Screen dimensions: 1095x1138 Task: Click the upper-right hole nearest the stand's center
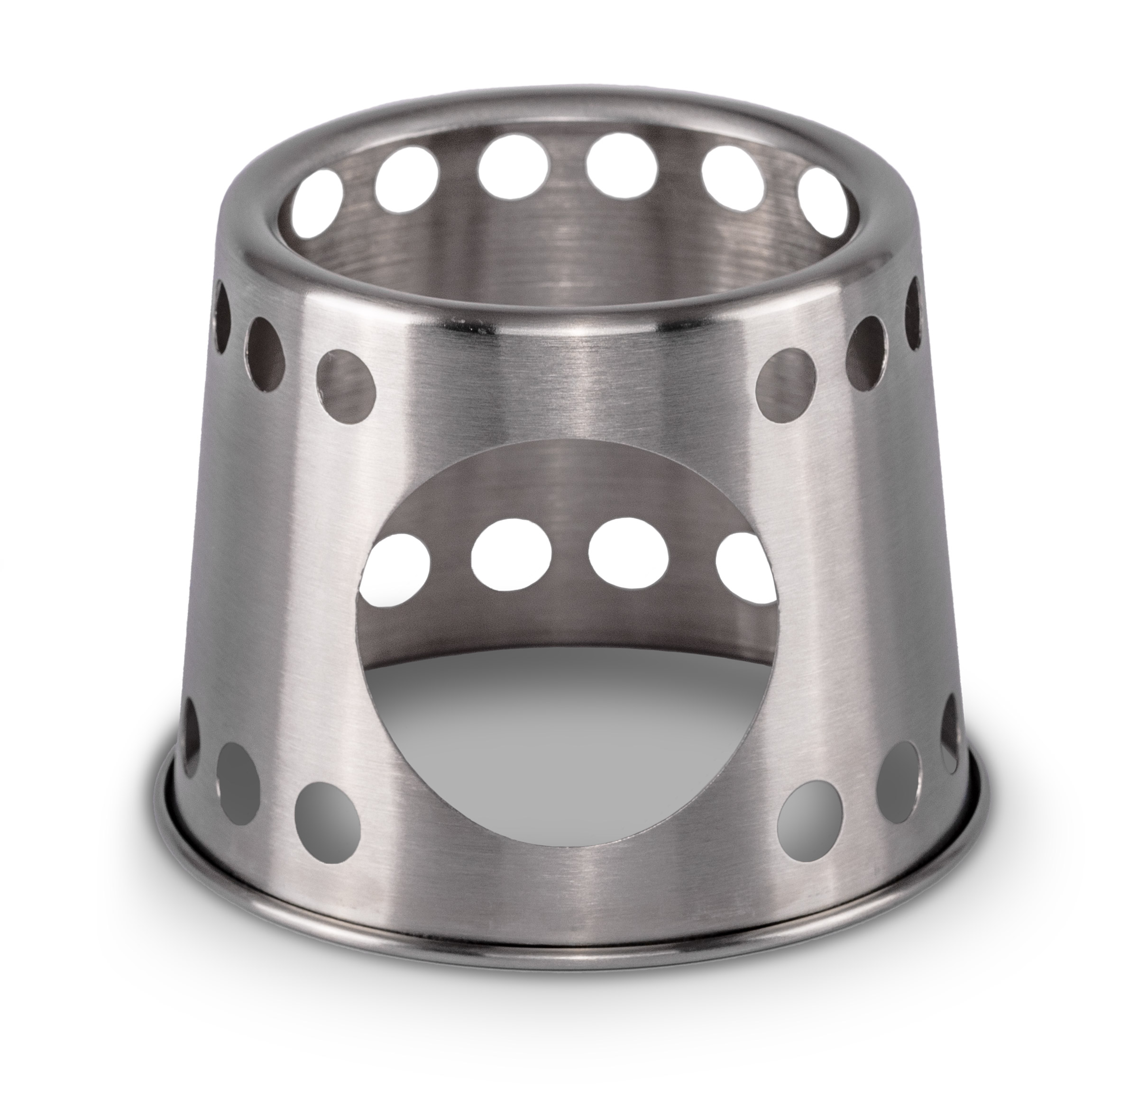click(787, 383)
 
